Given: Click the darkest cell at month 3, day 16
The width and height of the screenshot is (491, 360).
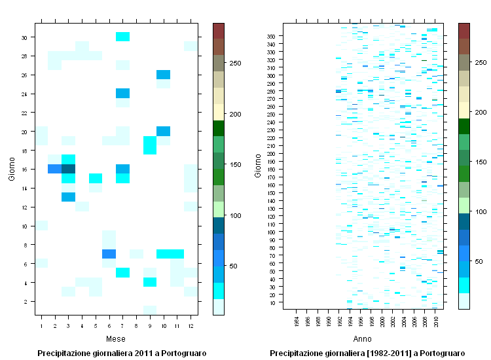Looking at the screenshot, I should pos(68,169).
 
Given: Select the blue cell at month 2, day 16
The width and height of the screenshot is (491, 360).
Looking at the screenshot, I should pos(55,169).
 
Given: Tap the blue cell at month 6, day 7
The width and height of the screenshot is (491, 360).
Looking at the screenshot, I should pos(109,254).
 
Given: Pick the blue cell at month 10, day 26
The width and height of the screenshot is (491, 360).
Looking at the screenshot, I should pos(163,75).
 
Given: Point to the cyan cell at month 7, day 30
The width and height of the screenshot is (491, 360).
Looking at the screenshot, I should pos(122,37).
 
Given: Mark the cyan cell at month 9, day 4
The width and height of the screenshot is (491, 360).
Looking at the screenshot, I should pos(149,282).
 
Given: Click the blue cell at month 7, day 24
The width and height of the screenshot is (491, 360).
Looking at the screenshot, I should pos(122,94).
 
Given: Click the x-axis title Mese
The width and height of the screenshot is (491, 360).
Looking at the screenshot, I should pos(116,339).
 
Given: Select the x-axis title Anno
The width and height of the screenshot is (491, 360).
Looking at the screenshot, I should pos(363,339).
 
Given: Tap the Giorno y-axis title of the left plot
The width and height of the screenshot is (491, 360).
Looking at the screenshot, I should pos(11,169).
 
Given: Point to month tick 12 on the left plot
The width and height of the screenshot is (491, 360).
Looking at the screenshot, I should pos(191,325).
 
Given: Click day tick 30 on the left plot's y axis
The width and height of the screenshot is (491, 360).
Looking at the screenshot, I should pos(24,37).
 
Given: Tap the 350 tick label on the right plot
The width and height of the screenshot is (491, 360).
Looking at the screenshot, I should pos(270,36).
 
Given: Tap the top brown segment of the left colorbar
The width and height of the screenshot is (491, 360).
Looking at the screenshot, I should pos(219,31).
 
